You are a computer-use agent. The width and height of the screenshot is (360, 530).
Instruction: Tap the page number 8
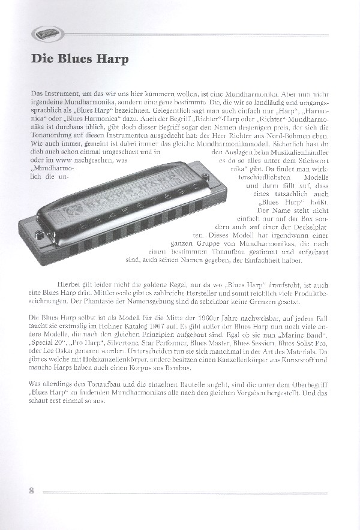(x=31, y=490)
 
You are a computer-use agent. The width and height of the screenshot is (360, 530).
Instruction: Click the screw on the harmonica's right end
(x=205, y=176)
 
